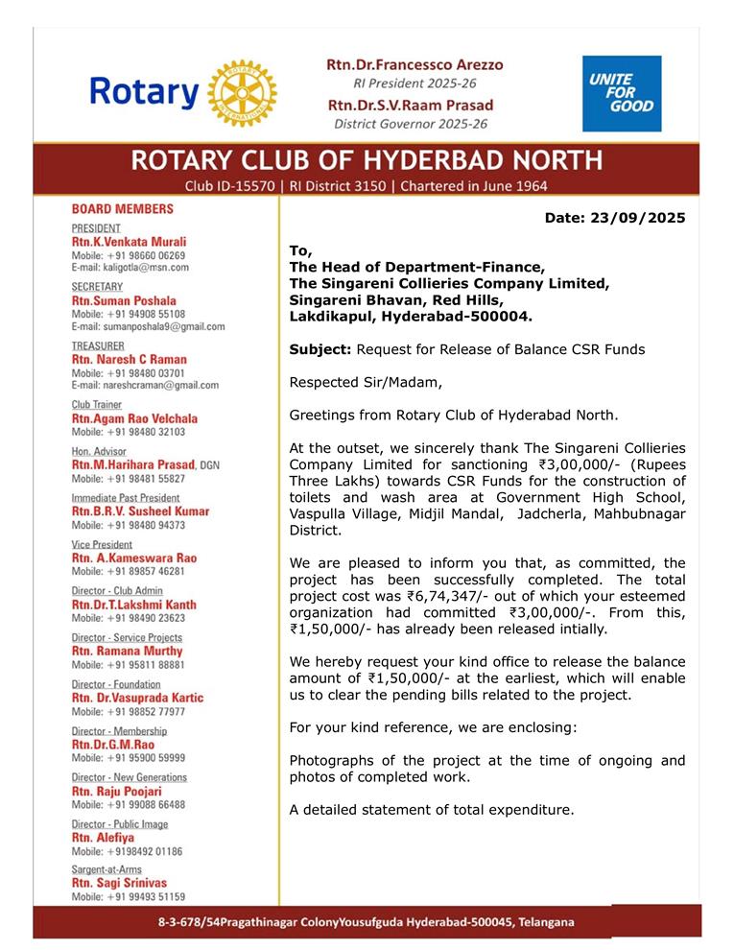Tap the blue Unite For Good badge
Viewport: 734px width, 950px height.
(622, 93)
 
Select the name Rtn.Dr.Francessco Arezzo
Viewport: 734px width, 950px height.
(414, 64)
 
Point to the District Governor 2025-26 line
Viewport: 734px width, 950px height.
(411, 124)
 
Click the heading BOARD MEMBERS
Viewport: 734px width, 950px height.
(123, 208)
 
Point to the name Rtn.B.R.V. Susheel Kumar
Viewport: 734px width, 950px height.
(141, 511)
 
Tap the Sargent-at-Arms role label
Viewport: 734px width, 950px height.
(107, 869)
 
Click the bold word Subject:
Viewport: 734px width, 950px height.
(320, 349)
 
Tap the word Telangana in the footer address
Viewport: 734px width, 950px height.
(542, 922)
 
